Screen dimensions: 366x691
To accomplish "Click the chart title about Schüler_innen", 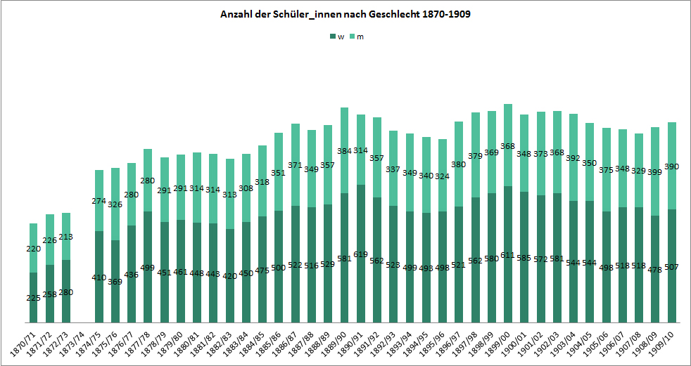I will pos(345,14).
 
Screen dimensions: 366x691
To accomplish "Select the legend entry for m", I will pos(357,37).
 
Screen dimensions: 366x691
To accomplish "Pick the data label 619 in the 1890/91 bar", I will pos(361,254).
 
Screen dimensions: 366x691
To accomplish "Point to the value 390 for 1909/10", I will pos(672,166).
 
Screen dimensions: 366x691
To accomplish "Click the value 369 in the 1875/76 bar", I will pos(115,282).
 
